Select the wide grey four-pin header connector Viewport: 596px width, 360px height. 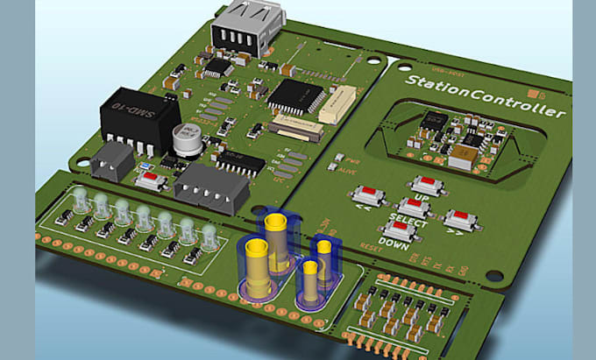pos(207,187)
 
